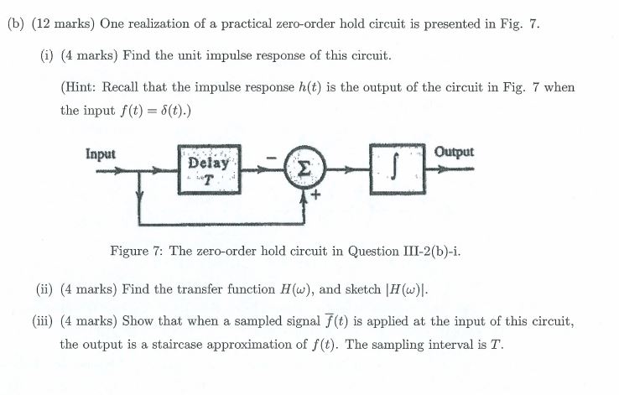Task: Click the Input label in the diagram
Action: coord(101,154)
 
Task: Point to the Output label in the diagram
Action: coord(455,153)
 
